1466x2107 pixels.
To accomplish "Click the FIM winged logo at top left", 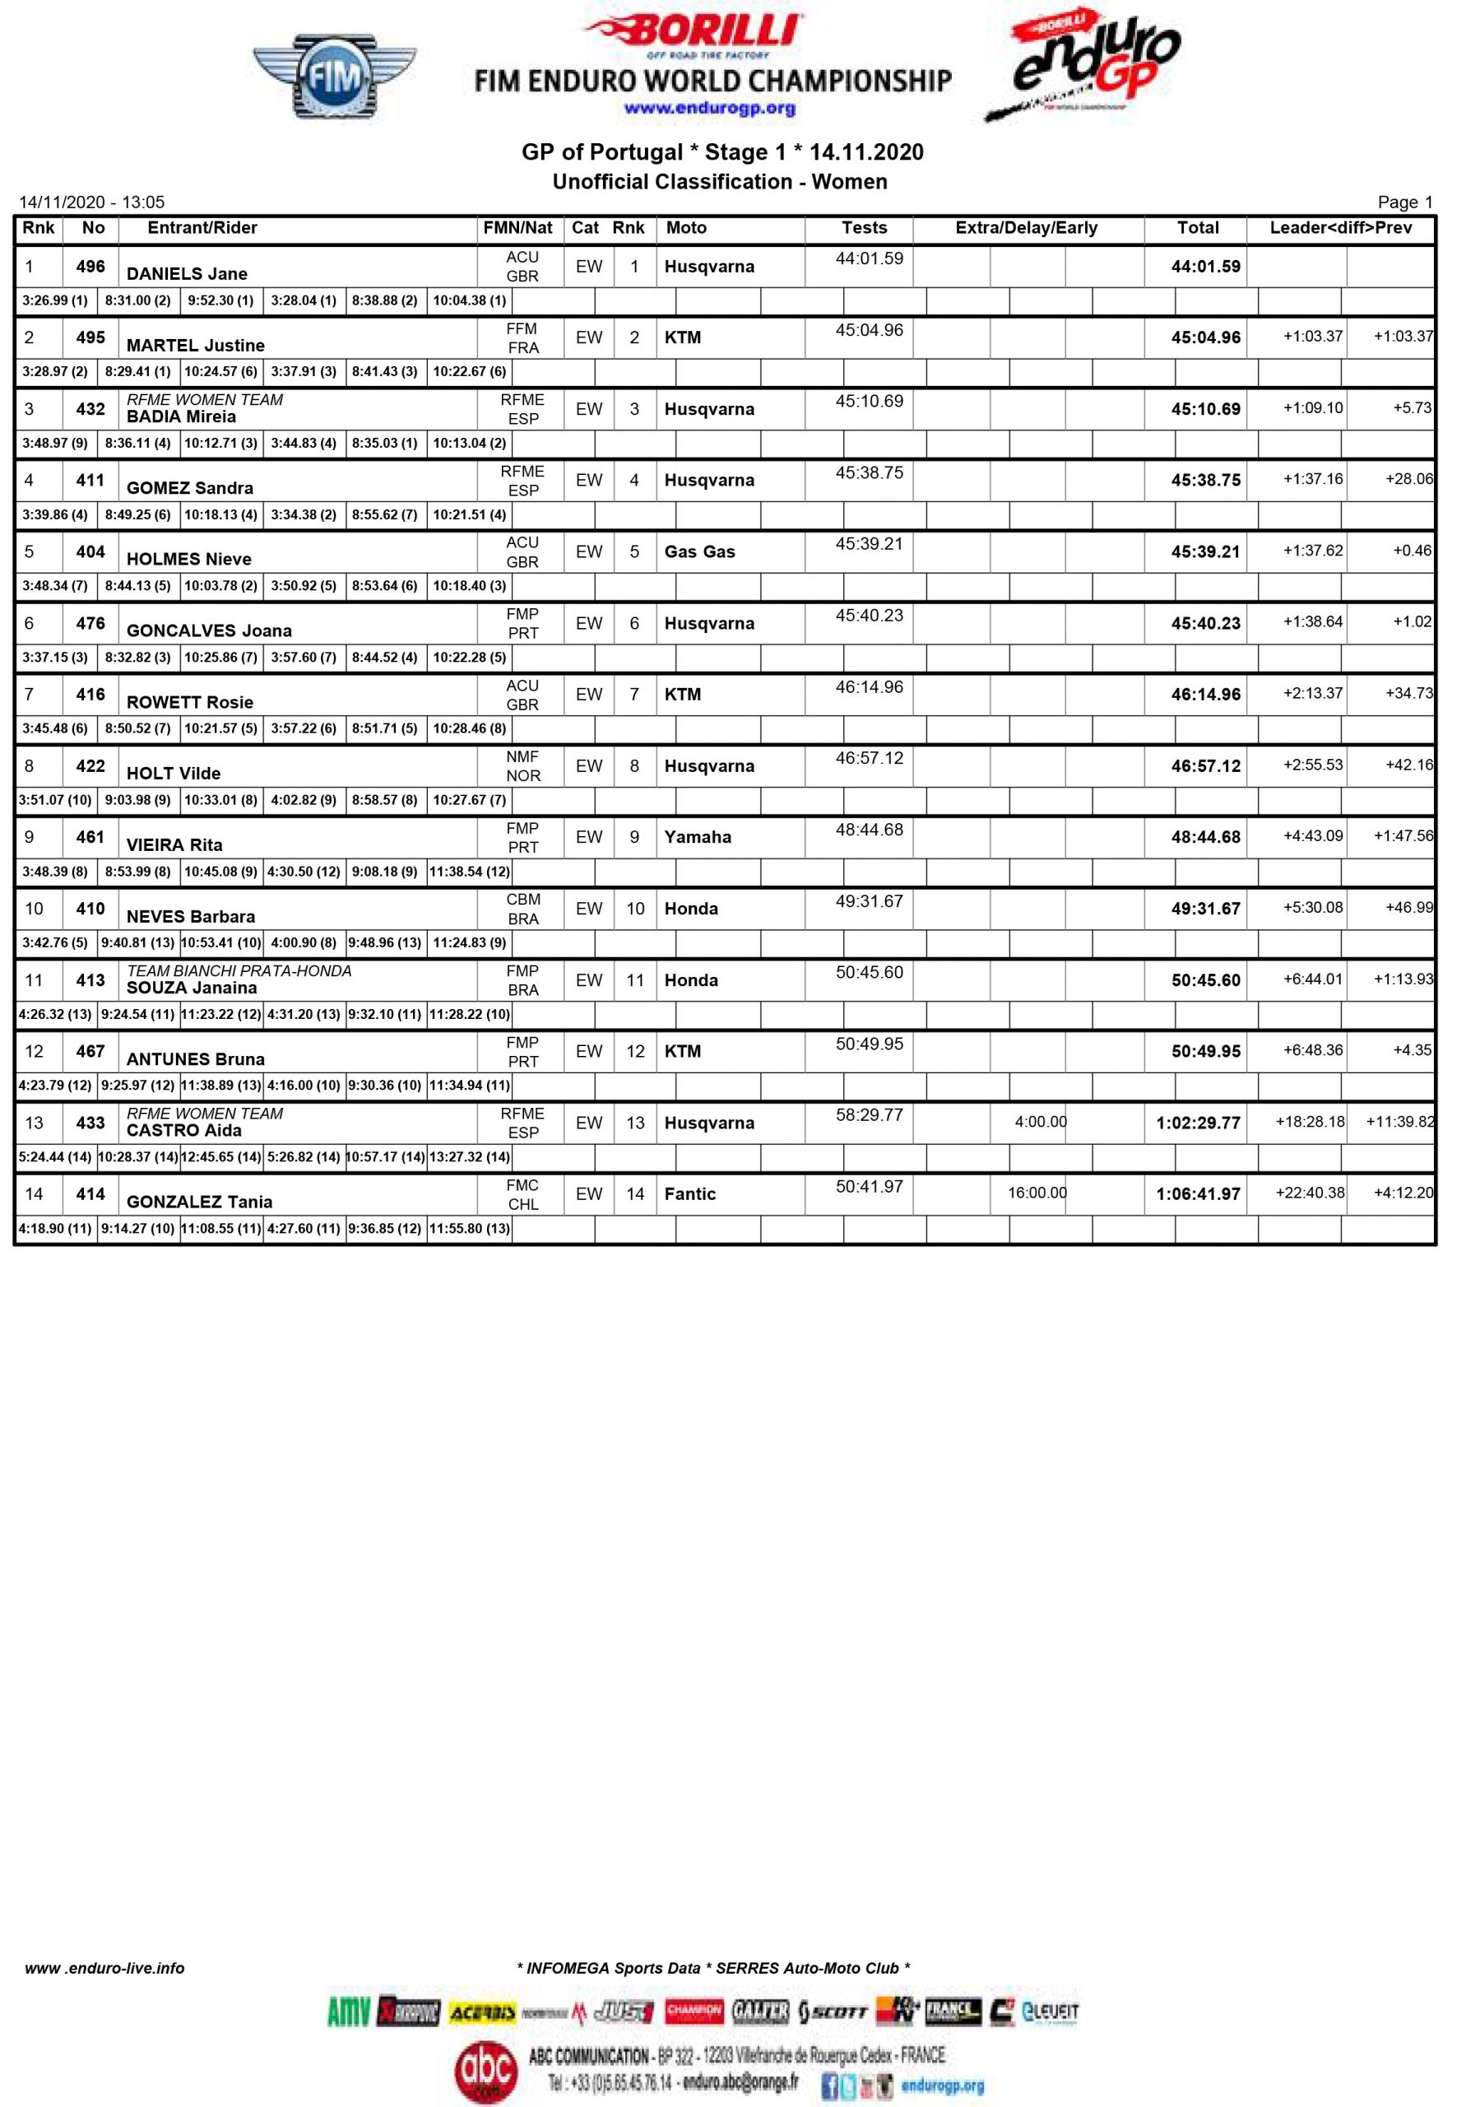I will (334, 77).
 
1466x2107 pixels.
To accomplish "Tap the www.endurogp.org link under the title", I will (708, 109).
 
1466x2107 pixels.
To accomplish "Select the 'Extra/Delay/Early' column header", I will (1026, 228).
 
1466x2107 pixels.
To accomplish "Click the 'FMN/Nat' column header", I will (517, 228).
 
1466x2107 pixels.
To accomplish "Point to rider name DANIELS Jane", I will (186, 273).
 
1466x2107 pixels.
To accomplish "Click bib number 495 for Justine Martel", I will (90, 337).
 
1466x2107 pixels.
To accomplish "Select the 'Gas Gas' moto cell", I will (699, 551).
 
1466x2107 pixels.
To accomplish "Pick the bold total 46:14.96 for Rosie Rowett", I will (1204, 695).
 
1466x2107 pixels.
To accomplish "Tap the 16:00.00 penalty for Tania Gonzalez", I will (1037, 1193).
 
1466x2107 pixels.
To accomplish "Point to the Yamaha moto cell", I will (698, 837).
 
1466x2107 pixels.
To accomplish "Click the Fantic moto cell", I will (689, 1194).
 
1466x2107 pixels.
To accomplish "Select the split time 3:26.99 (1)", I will (55, 300).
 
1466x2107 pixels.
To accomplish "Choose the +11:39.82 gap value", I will (1399, 1122).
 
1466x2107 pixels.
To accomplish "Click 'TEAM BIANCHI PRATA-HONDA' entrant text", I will (239, 971).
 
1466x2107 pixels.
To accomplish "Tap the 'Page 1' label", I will (1403, 202).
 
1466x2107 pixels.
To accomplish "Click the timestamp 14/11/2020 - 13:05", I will (92, 202).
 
